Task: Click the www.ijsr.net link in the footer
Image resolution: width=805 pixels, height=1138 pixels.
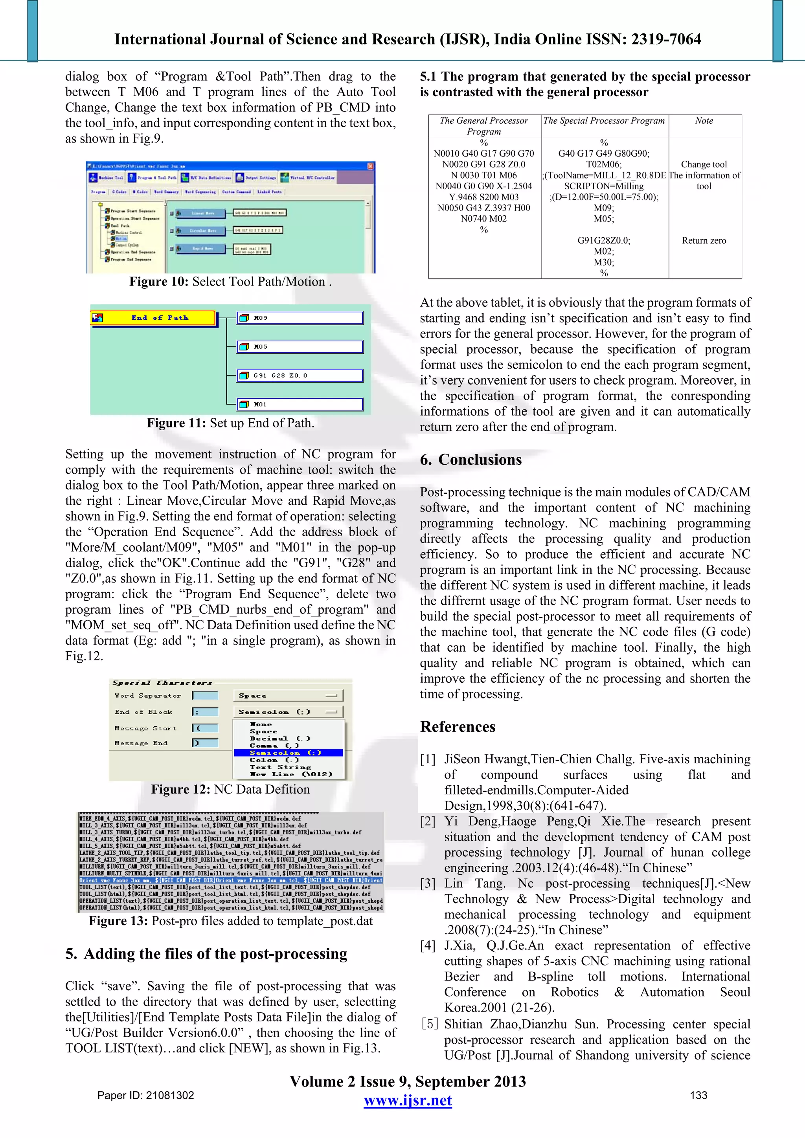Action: click(x=408, y=1100)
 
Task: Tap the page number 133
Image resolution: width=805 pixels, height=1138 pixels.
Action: click(x=698, y=1095)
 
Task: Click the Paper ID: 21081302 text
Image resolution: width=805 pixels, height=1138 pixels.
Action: click(x=145, y=1095)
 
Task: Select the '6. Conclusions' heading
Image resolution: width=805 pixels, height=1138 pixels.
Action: click(x=471, y=460)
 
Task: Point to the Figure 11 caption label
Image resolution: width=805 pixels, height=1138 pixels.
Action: click(x=176, y=423)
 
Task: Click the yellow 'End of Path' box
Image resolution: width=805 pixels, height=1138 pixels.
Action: click(x=154, y=318)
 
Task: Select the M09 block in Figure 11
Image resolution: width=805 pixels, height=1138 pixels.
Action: click(x=300, y=318)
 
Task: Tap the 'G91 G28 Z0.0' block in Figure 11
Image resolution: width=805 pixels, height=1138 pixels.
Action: click(x=300, y=375)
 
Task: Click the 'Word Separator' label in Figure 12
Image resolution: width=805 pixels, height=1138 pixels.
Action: click(x=148, y=695)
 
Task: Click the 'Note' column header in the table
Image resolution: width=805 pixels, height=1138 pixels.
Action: click(x=704, y=121)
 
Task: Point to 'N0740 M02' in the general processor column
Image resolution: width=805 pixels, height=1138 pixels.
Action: click(x=483, y=218)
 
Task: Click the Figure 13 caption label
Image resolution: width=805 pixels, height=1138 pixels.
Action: click(x=118, y=921)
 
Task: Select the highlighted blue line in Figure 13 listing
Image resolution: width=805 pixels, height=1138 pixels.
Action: click(x=231, y=880)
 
